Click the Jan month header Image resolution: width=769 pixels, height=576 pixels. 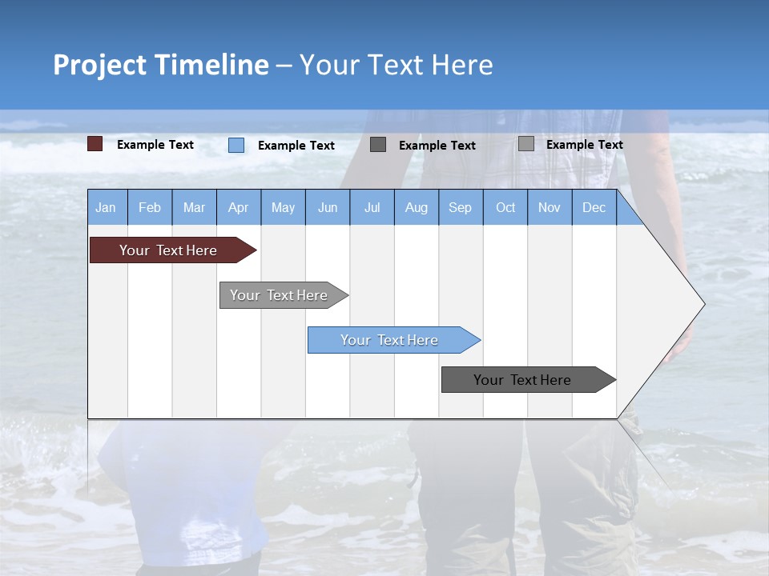tap(107, 207)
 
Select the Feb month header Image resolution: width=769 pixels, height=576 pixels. tap(150, 207)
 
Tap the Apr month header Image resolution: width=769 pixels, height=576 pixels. tap(239, 207)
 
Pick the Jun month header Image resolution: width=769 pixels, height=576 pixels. tap(328, 207)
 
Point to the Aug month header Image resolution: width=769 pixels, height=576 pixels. tap(417, 207)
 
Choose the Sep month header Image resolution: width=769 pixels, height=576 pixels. tap(461, 207)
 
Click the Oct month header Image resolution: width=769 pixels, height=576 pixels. tap(505, 207)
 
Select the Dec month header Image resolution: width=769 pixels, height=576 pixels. tap(594, 207)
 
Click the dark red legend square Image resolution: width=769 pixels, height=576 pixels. tap(95, 144)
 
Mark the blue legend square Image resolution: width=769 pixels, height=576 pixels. tap(236, 145)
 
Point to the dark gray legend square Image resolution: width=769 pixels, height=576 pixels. tap(378, 145)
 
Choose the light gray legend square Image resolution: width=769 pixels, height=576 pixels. tap(526, 144)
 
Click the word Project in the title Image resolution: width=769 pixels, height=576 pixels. tap(99, 65)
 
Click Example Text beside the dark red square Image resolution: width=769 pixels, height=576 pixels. tap(155, 145)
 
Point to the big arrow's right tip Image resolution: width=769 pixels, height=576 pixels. tap(703, 304)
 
